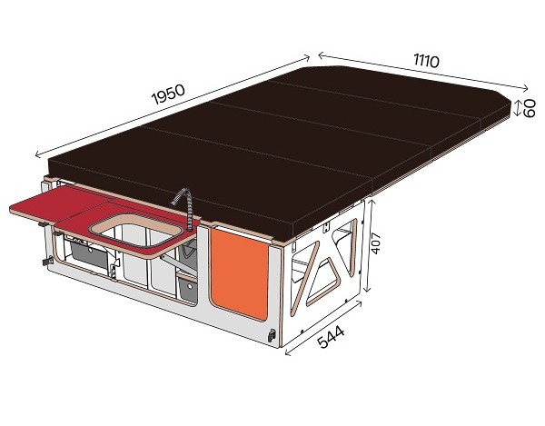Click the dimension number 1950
click(x=168, y=94)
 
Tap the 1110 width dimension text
click(x=426, y=61)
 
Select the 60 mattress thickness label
click(x=529, y=108)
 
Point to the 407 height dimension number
click(x=376, y=243)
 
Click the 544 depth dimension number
click(x=331, y=337)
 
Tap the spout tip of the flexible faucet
click(x=173, y=203)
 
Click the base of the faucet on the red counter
click(x=190, y=229)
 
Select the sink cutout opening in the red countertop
click(x=135, y=231)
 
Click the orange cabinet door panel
click(x=240, y=272)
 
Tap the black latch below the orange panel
click(x=271, y=335)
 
